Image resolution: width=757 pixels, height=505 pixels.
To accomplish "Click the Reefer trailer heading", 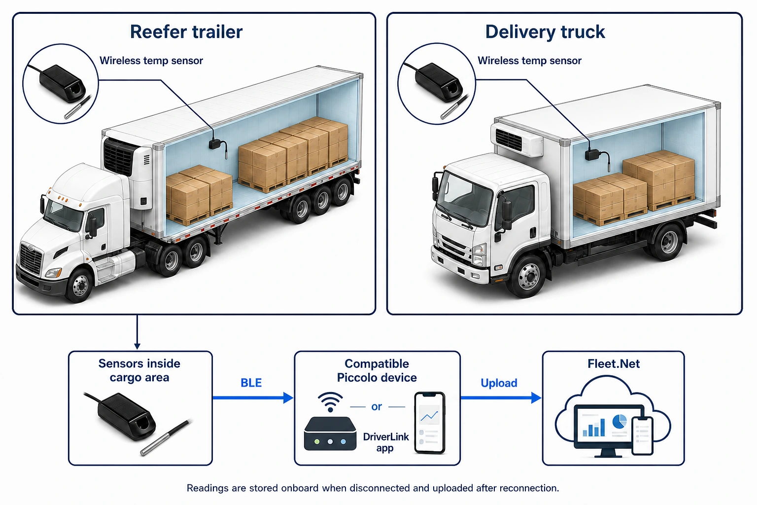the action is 186,32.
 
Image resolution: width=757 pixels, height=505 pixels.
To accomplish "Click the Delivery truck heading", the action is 545,32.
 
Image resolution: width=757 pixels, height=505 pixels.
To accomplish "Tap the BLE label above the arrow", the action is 251,383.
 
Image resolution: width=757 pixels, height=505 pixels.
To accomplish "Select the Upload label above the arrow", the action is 499,383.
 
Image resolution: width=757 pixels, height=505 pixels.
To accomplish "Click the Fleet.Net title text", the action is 614,363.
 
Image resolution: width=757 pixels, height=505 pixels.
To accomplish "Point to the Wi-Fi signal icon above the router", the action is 330,402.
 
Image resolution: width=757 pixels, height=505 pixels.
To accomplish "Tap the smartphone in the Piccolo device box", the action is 430,423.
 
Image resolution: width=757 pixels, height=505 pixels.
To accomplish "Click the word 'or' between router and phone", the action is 377,406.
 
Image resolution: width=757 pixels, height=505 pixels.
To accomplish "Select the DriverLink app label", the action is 385,442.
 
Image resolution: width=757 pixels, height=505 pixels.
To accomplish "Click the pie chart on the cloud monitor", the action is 619,422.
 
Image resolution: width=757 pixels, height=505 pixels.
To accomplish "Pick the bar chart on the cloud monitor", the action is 594,428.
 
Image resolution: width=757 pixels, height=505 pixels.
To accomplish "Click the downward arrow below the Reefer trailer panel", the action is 137,332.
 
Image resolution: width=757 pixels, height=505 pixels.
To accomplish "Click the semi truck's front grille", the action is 31,259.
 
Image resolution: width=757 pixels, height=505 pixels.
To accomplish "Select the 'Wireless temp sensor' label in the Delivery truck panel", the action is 529,61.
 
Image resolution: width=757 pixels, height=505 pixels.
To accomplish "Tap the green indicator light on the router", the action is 317,442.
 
